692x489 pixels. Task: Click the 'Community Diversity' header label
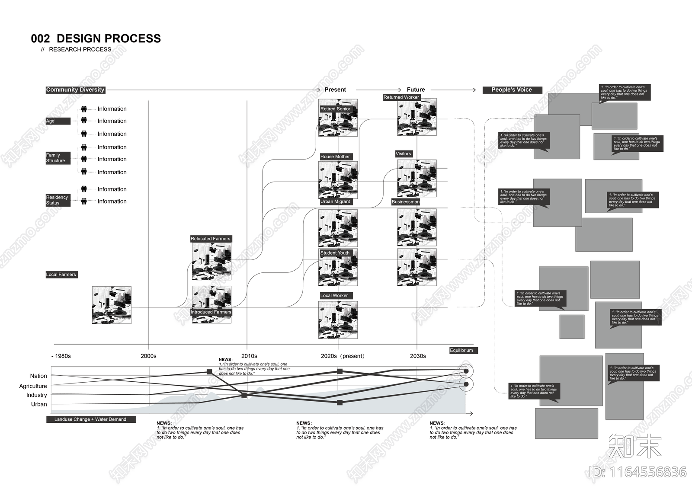coord(75,90)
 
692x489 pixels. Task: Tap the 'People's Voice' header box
coord(512,90)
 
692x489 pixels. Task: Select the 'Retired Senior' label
coord(335,109)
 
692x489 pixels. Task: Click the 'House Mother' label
coord(335,157)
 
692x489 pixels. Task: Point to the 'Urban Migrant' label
coord(335,201)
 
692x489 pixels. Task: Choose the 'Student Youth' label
coord(335,253)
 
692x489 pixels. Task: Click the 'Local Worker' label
coord(334,296)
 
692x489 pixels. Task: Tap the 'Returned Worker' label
coord(401,97)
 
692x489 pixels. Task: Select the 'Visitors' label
coord(403,154)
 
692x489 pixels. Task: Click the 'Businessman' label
coord(406,202)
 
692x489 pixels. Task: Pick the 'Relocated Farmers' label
coord(211,239)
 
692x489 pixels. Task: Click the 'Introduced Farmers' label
coord(211,312)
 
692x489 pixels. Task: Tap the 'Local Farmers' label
coord(61,275)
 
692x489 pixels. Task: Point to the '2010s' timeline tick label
coord(249,356)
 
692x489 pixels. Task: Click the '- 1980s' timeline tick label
coord(61,356)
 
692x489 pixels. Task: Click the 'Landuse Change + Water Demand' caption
coord(90,419)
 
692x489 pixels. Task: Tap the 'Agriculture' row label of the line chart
coord(33,386)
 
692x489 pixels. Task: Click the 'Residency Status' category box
coord(58,200)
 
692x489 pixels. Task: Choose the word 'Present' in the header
coord(335,90)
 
